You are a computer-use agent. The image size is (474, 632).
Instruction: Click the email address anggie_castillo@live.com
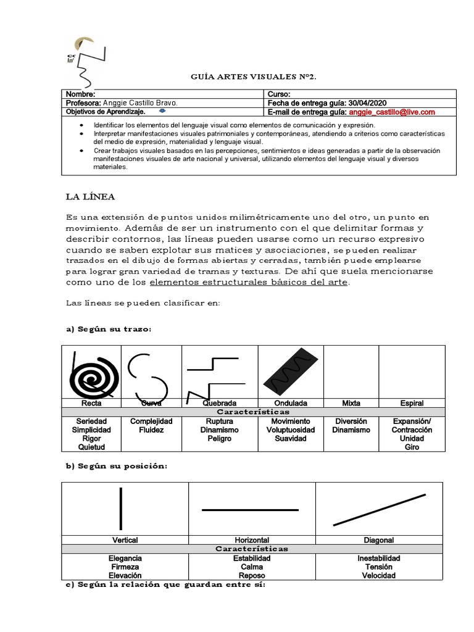[x=392, y=112]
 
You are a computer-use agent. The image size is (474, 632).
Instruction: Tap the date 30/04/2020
[x=368, y=103]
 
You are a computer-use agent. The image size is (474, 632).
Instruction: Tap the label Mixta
[x=351, y=403]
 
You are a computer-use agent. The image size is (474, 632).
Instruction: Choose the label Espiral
[x=412, y=403]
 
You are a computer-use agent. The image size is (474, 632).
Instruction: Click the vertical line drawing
[x=121, y=508]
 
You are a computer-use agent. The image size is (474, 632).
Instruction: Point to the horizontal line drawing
[x=250, y=510]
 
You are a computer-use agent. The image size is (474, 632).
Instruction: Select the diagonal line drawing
[x=379, y=509]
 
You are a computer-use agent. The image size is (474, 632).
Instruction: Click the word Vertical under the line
[x=125, y=540]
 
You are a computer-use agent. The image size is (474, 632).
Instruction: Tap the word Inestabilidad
[x=379, y=558]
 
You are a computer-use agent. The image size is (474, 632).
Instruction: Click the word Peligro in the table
[x=219, y=438]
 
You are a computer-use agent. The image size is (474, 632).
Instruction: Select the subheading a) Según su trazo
[x=108, y=330]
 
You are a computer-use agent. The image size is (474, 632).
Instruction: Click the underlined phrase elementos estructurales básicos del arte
[x=250, y=282]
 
